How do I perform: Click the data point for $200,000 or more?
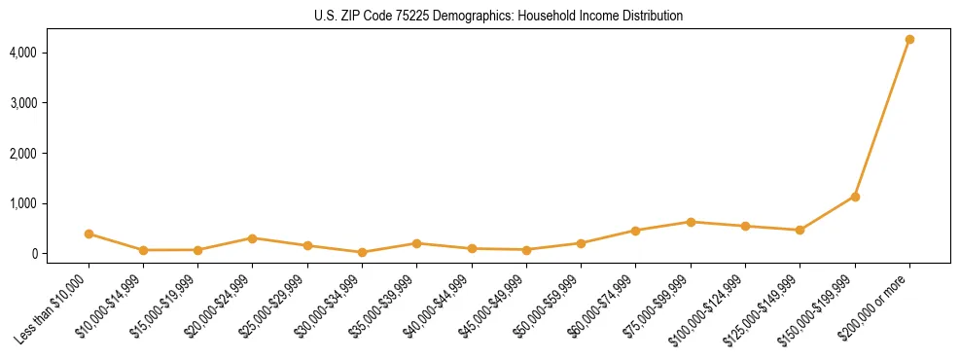coord(909,40)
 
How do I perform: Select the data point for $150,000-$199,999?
coord(855,197)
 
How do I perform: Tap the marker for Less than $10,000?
coord(89,234)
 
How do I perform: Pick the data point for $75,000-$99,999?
coord(691,222)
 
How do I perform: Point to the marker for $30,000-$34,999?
coord(362,252)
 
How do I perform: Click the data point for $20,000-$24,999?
coord(252,238)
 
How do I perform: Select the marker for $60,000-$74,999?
coord(636,231)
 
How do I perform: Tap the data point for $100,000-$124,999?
coord(745,226)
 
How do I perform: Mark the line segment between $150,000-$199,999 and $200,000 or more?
coord(882,119)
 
